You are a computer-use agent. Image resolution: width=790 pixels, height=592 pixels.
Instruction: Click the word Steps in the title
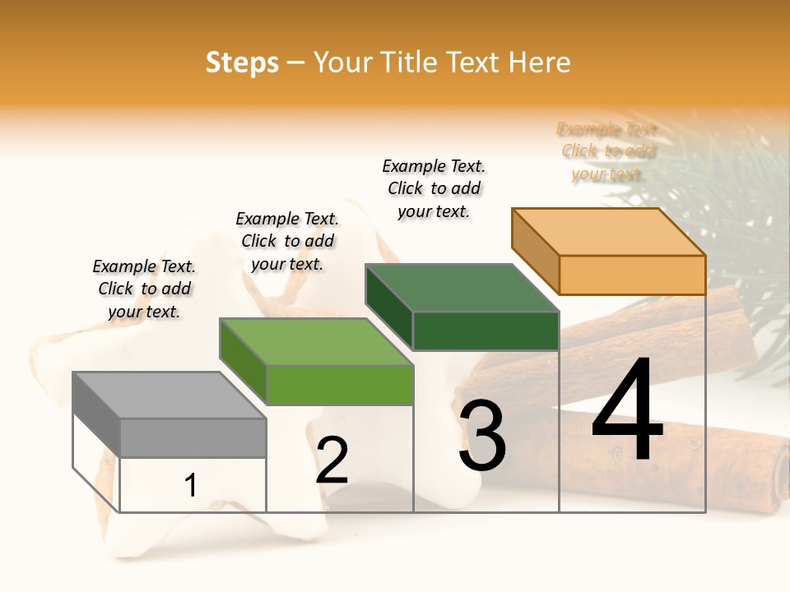[242, 62]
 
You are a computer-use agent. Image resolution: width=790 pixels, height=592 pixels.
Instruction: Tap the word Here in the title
[540, 62]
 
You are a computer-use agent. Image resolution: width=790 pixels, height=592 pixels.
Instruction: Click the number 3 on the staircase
[482, 435]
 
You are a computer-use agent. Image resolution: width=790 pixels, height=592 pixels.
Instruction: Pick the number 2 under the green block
[332, 461]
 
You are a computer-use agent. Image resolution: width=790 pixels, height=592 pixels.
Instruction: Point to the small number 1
[190, 486]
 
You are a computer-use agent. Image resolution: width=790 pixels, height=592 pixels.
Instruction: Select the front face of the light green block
[340, 385]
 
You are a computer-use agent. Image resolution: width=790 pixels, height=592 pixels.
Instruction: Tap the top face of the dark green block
[461, 288]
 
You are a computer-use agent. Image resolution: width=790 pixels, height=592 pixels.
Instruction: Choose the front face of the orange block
[632, 275]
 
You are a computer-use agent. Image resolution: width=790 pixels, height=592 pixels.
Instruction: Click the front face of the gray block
[193, 437]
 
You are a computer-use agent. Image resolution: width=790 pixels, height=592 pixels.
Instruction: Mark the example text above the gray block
[144, 289]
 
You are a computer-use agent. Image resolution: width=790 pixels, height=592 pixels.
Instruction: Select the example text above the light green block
[287, 241]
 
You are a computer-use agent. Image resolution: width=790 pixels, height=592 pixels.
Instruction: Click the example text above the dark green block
[434, 188]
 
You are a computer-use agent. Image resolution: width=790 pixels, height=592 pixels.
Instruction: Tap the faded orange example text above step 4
[608, 151]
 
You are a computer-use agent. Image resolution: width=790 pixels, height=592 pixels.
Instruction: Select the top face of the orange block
[609, 231]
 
